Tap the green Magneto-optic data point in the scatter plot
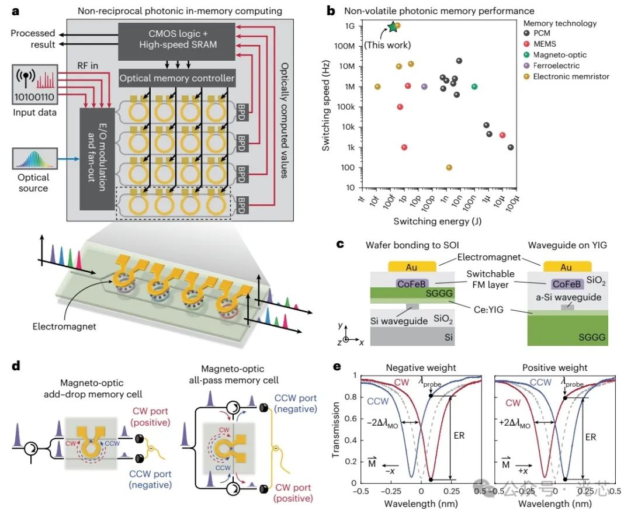[x=474, y=86]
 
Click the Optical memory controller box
[x=176, y=78]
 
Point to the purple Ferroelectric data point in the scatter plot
[x=424, y=86]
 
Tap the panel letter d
[x=16, y=366]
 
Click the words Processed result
[x=33, y=39]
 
